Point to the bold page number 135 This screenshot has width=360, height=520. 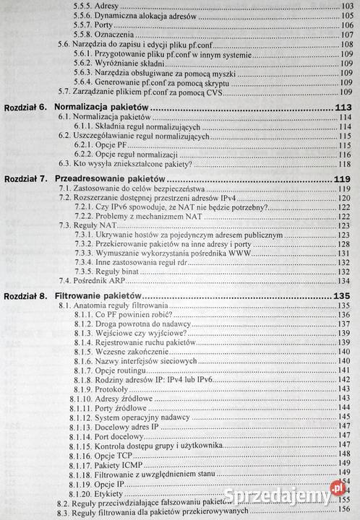click(x=342, y=296)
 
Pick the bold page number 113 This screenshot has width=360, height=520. click(x=342, y=108)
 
